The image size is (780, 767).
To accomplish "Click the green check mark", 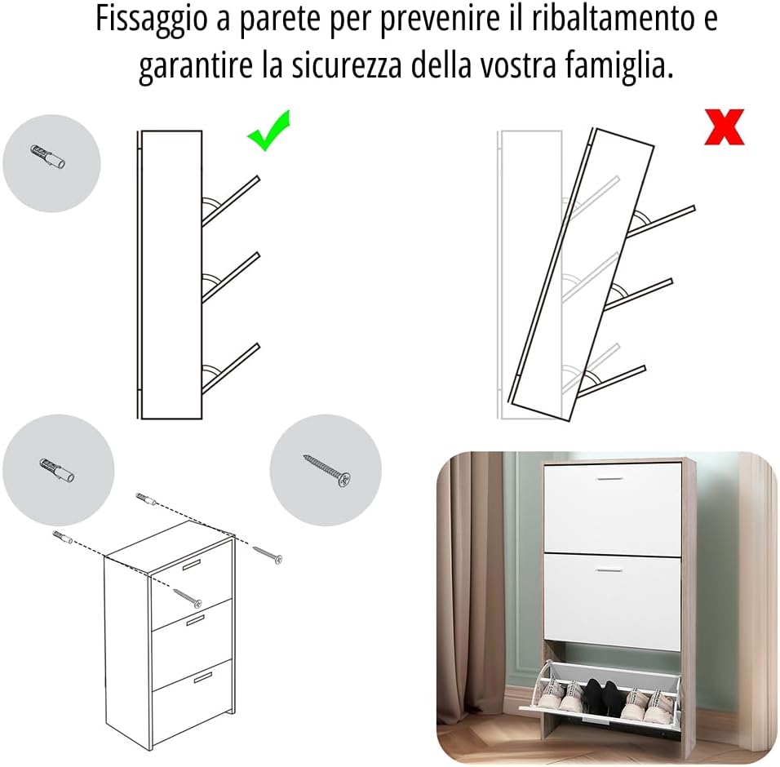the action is pos(268,131).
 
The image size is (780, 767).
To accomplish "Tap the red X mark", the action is pos(725,126).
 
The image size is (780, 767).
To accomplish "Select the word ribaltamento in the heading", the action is pos(613,18).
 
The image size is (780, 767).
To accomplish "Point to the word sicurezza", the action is pos(346,65).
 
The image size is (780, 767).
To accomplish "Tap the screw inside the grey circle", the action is pos(327,470).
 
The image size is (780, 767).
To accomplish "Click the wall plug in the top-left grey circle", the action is pos(48,156).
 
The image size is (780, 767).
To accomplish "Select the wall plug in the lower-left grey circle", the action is pos(57,470).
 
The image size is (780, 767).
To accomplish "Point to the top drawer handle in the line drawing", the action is pos(192,565).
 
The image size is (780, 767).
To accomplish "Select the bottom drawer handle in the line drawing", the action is pos(203,678).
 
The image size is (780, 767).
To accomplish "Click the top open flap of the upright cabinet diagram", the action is pos(230,201).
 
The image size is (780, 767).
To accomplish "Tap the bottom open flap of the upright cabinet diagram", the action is pos(230,368).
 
